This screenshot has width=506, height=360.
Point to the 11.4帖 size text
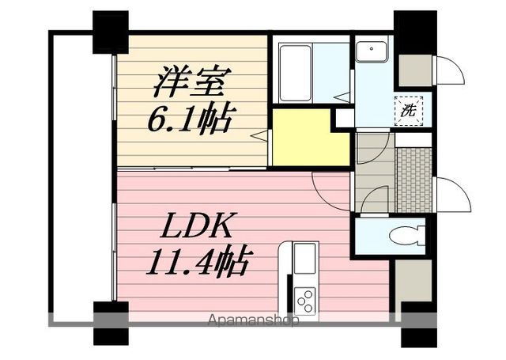pyautogui.click(x=198, y=260)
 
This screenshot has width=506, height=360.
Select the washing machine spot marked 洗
pyautogui.click(x=409, y=110)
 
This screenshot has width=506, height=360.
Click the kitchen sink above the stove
pyautogui.click(x=302, y=256)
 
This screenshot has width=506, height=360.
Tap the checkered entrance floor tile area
pyautogui.click(x=413, y=180)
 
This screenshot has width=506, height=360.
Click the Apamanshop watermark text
pyautogui.click(x=252, y=321)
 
